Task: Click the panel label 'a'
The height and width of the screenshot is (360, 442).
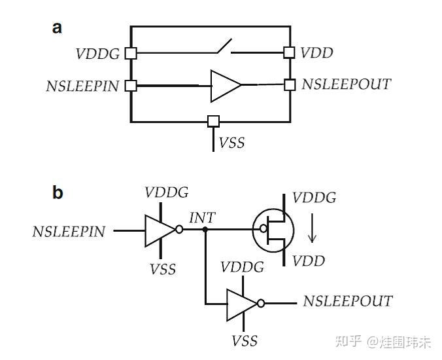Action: pos(58,27)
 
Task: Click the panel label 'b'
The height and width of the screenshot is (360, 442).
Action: pos(58,193)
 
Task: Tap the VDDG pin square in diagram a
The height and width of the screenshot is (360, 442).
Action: pos(131,53)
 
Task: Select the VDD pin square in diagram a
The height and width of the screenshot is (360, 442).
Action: pos(289,52)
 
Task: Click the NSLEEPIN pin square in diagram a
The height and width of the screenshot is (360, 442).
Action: pos(131,85)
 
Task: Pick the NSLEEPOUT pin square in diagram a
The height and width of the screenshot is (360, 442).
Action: pos(289,84)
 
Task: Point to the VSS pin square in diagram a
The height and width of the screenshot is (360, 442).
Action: pos(213,121)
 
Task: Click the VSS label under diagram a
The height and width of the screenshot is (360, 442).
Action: pos(231,143)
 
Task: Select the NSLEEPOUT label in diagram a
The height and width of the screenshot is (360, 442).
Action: pos(346,84)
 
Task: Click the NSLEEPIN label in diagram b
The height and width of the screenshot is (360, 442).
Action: pos(69,231)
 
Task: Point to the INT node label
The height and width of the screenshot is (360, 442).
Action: pos(201,218)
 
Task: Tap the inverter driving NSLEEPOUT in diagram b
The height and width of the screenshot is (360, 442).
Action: pos(243,303)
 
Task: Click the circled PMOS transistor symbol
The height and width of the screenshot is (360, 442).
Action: pos(275,230)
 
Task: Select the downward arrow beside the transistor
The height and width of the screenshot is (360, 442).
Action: pos(312,230)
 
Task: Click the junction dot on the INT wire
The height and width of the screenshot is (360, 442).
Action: pos(205,230)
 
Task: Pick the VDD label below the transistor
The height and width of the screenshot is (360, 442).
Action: pos(309,262)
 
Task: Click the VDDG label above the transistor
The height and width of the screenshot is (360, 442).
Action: pos(314,197)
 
